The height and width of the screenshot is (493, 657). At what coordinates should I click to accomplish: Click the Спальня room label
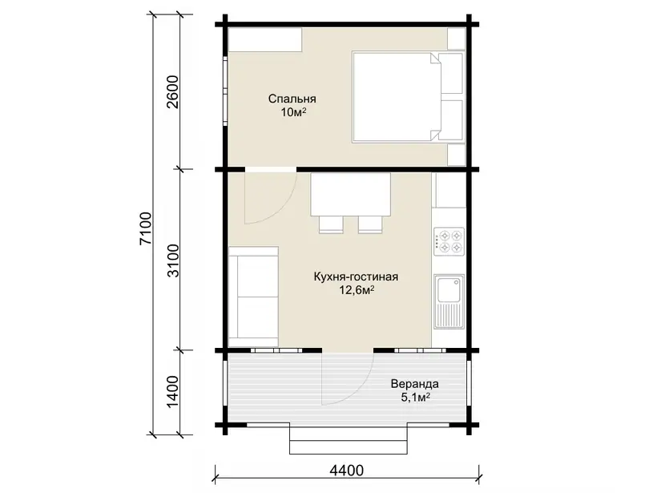tap(292, 99)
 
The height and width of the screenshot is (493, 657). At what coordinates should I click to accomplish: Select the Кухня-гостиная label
tap(357, 277)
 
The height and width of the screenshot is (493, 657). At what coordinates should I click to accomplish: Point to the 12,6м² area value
tap(357, 290)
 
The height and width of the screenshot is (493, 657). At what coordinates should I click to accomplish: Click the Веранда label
tap(415, 384)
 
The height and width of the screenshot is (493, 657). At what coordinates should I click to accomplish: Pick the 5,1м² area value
tap(416, 397)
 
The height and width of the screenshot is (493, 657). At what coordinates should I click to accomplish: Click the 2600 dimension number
tap(172, 92)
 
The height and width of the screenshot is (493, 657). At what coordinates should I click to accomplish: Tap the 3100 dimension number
tap(172, 261)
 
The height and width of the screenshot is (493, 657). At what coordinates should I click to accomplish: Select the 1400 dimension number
tap(172, 391)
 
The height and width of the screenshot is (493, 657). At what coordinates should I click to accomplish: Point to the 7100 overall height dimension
tap(145, 228)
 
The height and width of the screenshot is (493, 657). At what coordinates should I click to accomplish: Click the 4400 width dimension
tap(346, 471)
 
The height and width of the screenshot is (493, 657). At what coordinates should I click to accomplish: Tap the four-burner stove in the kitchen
tap(449, 241)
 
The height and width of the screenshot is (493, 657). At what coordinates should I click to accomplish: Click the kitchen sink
tap(449, 302)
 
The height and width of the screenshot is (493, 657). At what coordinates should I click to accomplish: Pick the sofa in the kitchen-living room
tap(253, 297)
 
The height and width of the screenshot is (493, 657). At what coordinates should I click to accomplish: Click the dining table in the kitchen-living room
tap(351, 195)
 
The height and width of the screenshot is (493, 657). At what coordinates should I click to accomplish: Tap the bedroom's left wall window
tap(225, 90)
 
